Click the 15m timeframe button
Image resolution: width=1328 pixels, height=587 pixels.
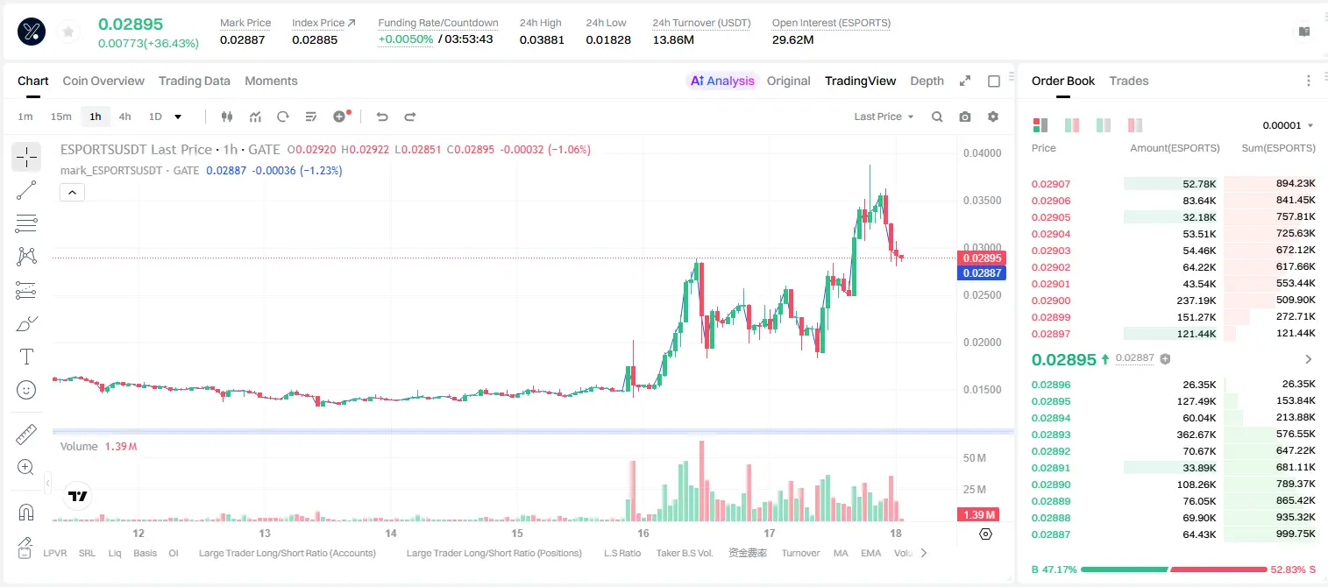click(x=61, y=117)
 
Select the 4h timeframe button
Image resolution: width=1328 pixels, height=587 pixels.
click(x=124, y=117)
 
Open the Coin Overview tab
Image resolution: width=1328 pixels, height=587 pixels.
click(x=103, y=81)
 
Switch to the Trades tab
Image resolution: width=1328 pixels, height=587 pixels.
click(x=1129, y=81)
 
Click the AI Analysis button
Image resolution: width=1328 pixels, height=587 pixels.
click(x=722, y=81)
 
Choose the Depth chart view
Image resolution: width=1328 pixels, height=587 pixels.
click(x=927, y=81)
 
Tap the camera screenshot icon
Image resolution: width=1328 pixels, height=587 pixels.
click(x=965, y=117)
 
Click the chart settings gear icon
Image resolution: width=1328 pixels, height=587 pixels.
click(x=993, y=117)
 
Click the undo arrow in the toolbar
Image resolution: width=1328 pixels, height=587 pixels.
click(x=382, y=117)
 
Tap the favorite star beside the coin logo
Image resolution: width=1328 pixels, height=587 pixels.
click(x=68, y=32)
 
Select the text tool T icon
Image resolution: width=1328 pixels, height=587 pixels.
click(x=26, y=357)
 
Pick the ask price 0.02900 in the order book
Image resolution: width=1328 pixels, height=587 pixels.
click(x=1051, y=301)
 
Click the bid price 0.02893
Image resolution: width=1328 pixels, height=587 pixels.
click(x=1051, y=435)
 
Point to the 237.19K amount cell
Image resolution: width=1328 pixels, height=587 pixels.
click(x=1196, y=301)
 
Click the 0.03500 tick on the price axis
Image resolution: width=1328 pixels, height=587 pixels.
click(x=983, y=201)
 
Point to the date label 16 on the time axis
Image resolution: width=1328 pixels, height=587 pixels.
click(x=643, y=533)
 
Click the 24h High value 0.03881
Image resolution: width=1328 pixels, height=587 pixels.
click(x=542, y=39)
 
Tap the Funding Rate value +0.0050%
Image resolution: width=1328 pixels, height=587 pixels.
click(x=406, y=39)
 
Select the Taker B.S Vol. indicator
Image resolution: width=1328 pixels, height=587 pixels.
click(x=684, y=553)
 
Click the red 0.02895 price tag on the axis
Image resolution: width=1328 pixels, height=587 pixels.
click(x=982, y=258)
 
